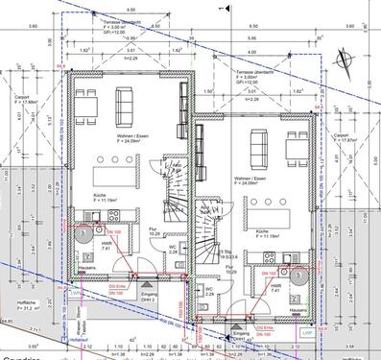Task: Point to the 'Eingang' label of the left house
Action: tap(147, 270)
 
